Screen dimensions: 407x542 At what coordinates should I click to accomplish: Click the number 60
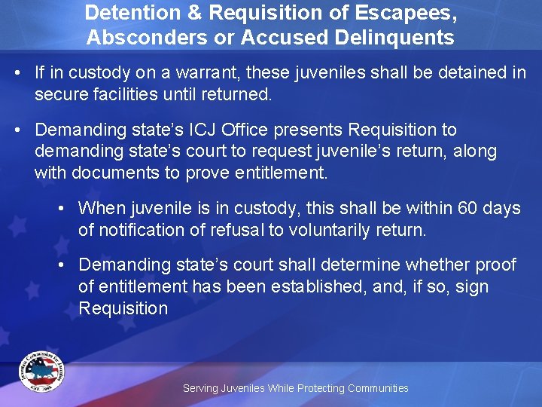click(468, 208)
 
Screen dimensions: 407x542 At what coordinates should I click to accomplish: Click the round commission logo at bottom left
click(41, 372)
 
